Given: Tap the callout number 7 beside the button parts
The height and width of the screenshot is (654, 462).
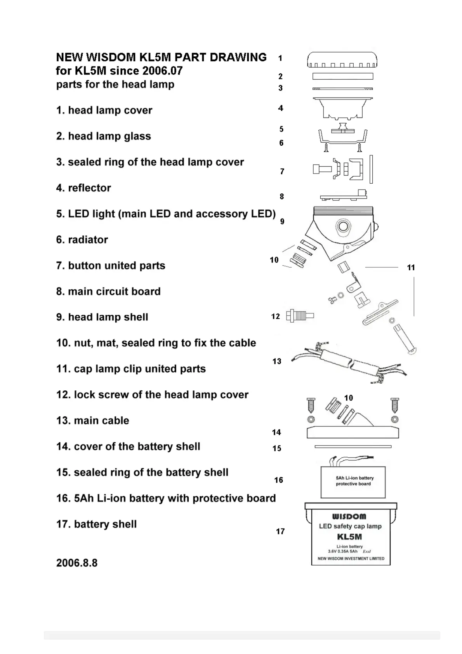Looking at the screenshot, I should (282, 171).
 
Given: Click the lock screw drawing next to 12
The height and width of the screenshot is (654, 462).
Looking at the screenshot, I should (300, 316).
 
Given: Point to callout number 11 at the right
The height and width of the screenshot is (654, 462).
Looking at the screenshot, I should (411, 267).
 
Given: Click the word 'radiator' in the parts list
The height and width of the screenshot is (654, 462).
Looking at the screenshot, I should (88, 240).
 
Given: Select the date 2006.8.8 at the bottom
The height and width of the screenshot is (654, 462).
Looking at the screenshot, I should (77, 563).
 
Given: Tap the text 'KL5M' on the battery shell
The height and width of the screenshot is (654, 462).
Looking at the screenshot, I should (349, 537).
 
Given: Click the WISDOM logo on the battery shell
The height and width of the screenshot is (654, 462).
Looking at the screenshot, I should (349, 517).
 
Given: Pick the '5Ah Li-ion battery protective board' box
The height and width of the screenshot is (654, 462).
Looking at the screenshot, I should (353, 482).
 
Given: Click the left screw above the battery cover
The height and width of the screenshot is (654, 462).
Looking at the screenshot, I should (311, 405).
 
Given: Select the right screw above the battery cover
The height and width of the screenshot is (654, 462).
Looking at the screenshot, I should (394, 405).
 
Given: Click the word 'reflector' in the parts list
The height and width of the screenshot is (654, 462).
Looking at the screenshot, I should (89, 188).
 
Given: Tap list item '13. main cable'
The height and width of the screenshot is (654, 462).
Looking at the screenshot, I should (93, 421).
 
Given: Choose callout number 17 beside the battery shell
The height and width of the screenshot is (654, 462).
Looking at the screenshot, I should (280, 531).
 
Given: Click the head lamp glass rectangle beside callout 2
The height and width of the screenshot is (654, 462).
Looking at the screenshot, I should (342, 77).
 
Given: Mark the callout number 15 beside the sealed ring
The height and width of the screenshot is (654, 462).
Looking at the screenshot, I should (277, 448).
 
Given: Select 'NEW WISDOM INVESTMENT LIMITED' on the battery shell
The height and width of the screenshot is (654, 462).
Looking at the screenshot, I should (351, 558).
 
